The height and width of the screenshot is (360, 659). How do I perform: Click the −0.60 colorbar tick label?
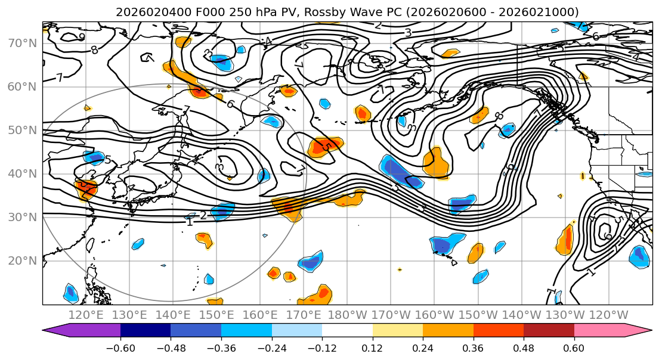tap(120, 347)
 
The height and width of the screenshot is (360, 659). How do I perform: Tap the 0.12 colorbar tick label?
tap(372, 347)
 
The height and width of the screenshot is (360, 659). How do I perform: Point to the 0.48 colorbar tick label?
tap(524, 347)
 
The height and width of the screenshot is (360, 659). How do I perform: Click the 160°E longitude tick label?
tap(260, 315)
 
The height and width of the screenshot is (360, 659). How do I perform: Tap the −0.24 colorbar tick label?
tap(271, 347)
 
